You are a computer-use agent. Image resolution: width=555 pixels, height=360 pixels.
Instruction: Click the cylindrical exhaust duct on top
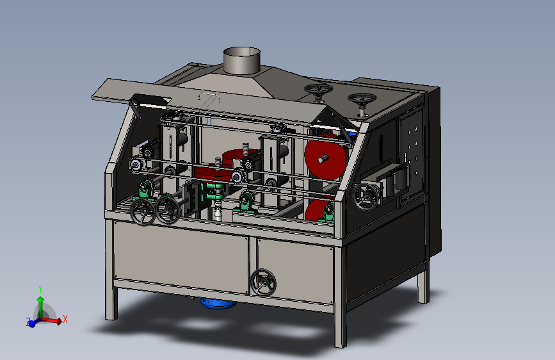click(242, 61)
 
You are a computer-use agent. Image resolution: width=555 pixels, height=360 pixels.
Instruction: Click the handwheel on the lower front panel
click(263, 282)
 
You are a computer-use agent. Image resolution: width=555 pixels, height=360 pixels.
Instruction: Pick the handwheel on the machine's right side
click(366, 196)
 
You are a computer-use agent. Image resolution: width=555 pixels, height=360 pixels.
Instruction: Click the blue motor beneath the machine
click(218, 303)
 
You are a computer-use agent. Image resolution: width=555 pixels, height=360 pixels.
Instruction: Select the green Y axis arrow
click(41, 307)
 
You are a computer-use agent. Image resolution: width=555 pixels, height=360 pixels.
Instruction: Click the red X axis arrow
click(52, 320)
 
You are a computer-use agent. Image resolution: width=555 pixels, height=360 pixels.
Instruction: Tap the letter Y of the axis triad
click(40, 289)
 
